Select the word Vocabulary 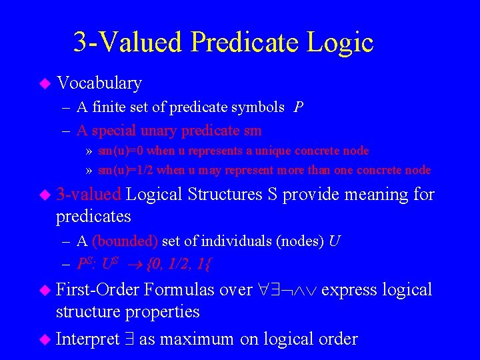(99, 83)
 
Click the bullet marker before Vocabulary (45, 83)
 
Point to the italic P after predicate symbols (299, 107)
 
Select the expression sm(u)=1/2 (125, 170)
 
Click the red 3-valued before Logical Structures (89, 195)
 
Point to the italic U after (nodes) (335, 241)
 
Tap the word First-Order (98, 290)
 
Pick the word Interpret (88, 339)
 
